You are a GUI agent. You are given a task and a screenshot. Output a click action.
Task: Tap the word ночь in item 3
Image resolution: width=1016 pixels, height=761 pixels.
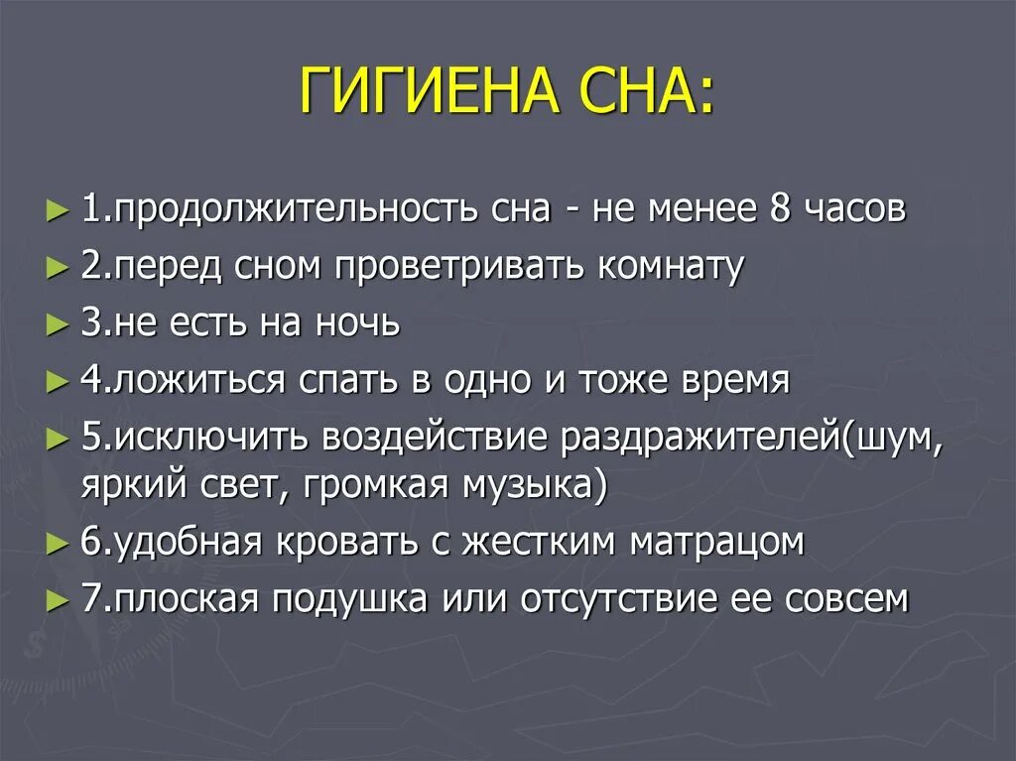[x=356, y=323]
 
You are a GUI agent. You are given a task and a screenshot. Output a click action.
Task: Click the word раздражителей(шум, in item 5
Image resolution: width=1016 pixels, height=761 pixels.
[x=751, y=438]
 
